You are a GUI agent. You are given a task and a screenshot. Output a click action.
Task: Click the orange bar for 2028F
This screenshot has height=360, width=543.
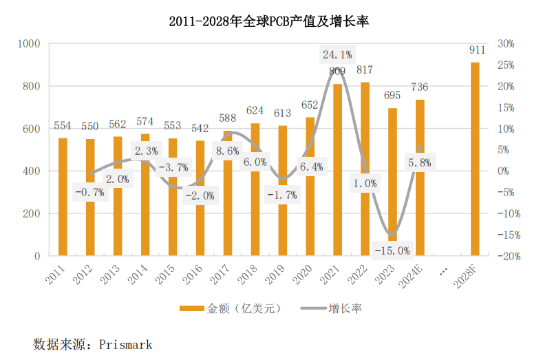(x=475, y=159)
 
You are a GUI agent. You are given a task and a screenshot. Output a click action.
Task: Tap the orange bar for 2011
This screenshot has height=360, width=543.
(x=63, y=197)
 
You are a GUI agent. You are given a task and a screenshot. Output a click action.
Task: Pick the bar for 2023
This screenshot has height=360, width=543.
(x=392, y=182)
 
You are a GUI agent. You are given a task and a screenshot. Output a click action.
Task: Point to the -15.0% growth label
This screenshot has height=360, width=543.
(x=392, y=250)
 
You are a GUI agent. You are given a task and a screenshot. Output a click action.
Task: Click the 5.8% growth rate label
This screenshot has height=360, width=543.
(x=420, y=163)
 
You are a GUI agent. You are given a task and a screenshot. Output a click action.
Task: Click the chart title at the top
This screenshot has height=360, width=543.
(x=270, y=21)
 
